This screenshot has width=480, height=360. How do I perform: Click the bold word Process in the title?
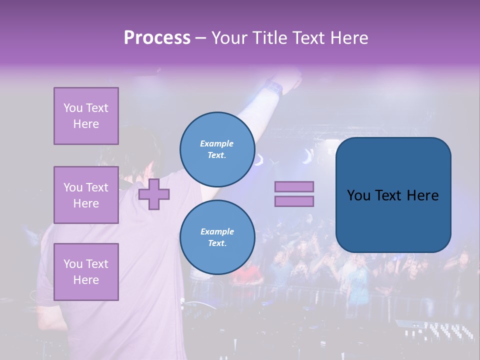click(157, 38)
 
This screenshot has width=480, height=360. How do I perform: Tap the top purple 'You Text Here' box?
click(86, 116)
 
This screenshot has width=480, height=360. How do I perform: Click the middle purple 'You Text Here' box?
click(86, 195)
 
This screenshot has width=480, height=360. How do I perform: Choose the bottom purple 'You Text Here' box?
click(86, 272)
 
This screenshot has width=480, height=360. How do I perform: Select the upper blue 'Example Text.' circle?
click(217, 149)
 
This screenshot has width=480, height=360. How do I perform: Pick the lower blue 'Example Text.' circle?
click(217, 237)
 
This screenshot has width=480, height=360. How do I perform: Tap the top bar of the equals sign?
click(294, 186)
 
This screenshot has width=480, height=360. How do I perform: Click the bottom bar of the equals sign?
click(294, 201)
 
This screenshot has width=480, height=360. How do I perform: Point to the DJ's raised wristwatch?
click(274, 87)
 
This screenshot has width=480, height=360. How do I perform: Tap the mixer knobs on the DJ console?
click(440, 330)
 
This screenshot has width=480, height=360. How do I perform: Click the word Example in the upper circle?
click(217, 143)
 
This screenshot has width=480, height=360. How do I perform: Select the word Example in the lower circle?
click(217, 231)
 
